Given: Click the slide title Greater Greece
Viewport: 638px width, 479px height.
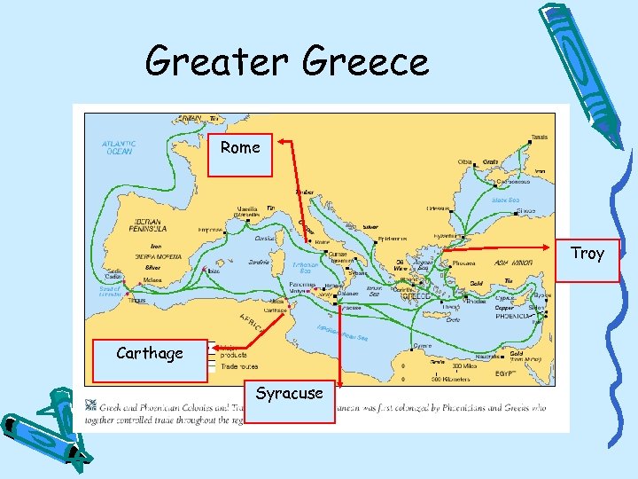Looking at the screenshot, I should pos(286,62).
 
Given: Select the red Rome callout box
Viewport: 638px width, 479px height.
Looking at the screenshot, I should pos(240,148).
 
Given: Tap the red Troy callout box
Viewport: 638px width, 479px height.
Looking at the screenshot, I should pos(587,255).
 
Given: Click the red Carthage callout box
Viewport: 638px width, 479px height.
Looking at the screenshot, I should pos(149,354).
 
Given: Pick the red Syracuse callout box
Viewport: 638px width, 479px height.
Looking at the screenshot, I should pos(289,394).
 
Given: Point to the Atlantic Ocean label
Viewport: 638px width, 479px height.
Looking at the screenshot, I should pos(119,147).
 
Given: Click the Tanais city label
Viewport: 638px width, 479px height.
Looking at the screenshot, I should pos(539,137).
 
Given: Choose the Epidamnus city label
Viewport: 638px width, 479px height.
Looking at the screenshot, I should pos(392,239).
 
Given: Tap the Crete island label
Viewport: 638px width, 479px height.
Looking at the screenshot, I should pos(452,320).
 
